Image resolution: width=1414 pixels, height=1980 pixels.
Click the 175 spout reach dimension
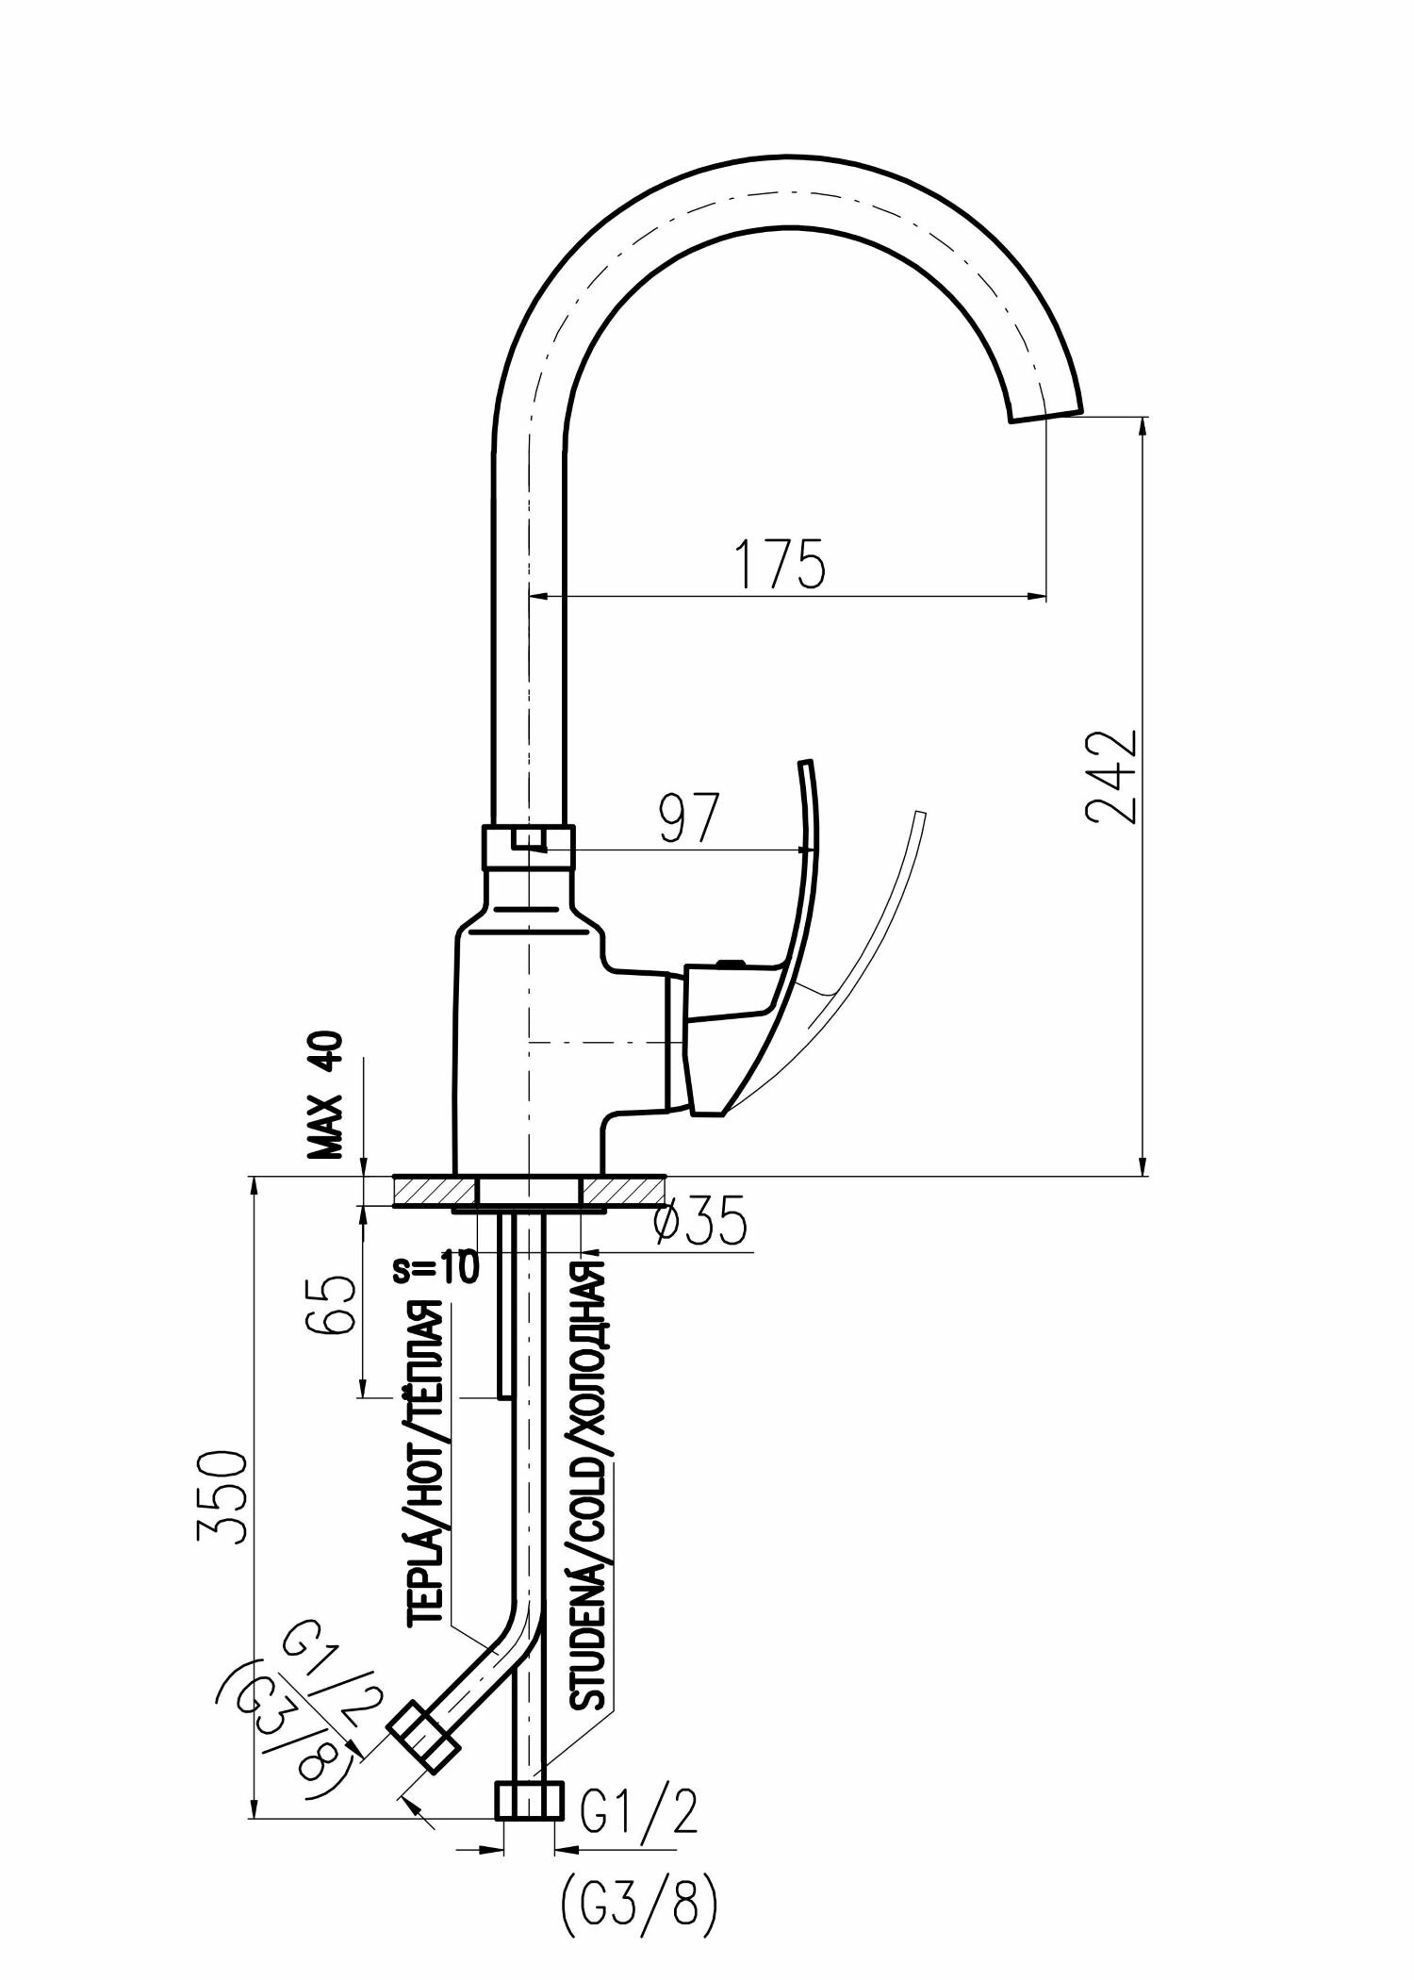tap(781, 563)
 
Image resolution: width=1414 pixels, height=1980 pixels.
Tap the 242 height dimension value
tap(1111, 777)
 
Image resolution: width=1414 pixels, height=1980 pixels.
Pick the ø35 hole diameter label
tap(700, 1223)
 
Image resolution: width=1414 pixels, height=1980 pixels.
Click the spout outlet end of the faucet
tap(1045, 414)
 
